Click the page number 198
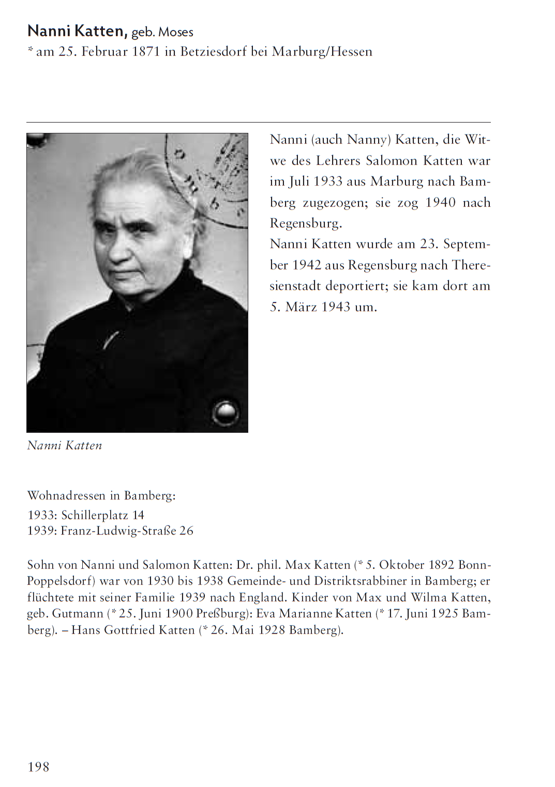click(38, 767)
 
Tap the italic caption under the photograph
click(65, 445)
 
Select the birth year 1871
click(146, 52)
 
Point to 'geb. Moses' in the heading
click(162, 32)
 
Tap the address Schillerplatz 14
click(102, 515)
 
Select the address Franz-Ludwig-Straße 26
click(127, 531)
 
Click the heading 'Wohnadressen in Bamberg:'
click(101, 495)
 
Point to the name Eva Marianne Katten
click(314, 613)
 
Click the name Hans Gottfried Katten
click(133, 630)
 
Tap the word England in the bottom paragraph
click(262, 597)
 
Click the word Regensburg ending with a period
click(306, 223)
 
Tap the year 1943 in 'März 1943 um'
click(336, 307)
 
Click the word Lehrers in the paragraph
click(338, 160)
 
